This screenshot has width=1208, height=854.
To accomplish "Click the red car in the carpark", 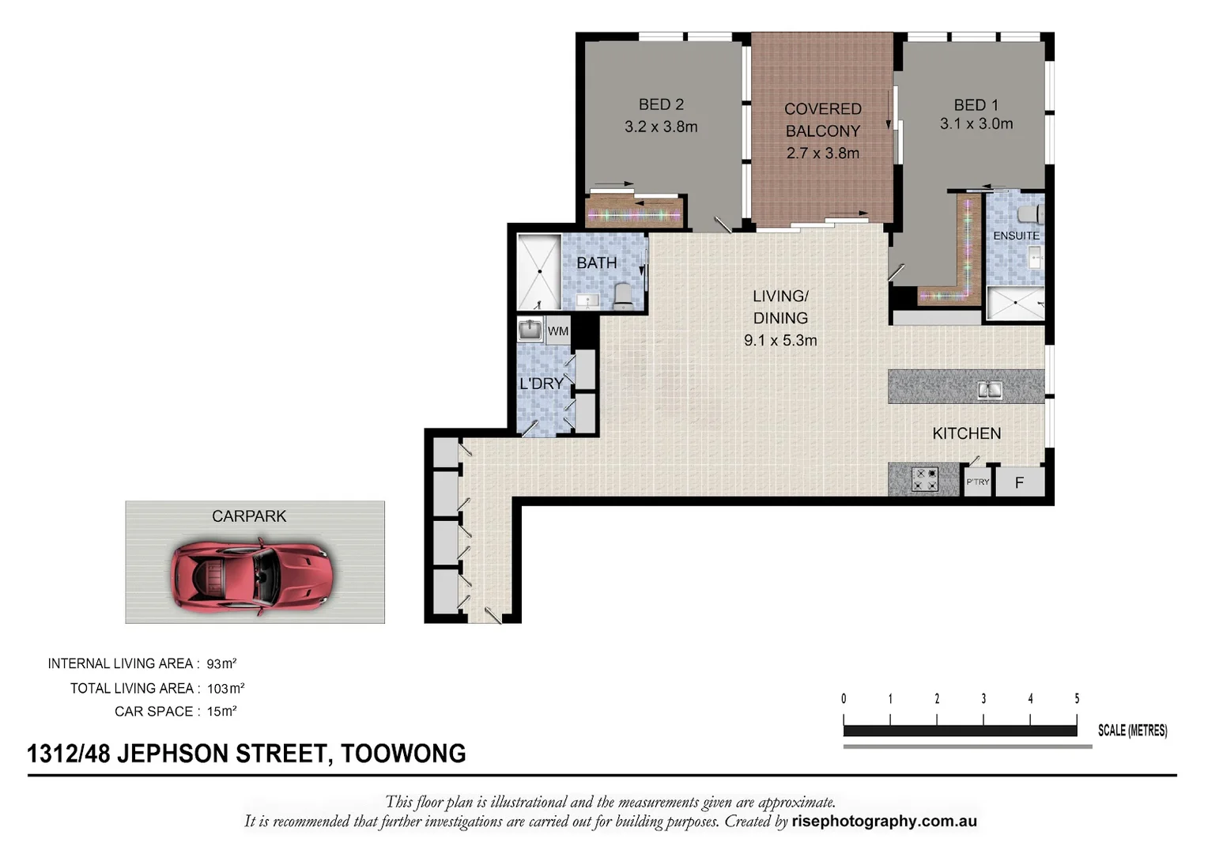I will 251,575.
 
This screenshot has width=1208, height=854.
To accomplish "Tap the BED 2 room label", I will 661,104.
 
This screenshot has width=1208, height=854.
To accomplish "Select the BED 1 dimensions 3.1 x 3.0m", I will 976,124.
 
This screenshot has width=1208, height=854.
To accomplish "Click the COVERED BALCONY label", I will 822,120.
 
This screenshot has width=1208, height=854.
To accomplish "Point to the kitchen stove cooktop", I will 923,479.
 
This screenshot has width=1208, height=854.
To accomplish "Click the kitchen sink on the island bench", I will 989,389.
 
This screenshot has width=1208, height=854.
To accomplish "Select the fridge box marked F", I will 1019,482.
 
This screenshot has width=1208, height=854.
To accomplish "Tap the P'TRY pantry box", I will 978,482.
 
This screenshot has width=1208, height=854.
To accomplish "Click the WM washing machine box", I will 557,331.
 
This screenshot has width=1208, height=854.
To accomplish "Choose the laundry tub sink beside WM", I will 530,330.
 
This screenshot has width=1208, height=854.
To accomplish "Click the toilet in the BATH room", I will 623,295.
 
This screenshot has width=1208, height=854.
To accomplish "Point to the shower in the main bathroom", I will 538,271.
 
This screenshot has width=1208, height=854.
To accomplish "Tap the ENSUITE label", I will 1016,236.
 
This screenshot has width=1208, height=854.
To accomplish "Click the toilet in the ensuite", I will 1029,214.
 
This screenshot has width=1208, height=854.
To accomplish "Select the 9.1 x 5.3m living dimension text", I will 780,341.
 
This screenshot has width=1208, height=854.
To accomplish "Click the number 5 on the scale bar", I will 1077,699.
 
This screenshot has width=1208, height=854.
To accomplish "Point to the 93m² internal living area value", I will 221,664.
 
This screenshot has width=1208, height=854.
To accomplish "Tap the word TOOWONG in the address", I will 403,754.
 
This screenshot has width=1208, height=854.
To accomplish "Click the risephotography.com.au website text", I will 884,822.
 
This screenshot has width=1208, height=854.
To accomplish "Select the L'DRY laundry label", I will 542,384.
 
